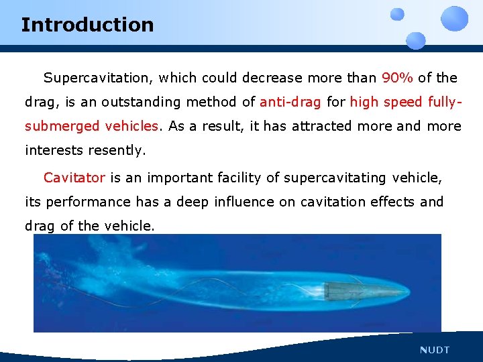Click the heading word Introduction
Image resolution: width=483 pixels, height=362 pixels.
point(87,25)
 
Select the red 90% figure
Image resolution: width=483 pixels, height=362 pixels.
point(398,78)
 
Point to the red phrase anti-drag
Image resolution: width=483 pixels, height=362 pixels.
point(290,102)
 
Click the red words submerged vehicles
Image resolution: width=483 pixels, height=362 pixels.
point(93,126)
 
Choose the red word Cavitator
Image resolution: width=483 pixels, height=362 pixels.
point(74,178)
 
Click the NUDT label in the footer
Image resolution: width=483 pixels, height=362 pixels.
point(435,350)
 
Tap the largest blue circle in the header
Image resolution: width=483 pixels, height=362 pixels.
point(455,18)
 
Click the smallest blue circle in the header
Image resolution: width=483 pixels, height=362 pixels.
point(397,14)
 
